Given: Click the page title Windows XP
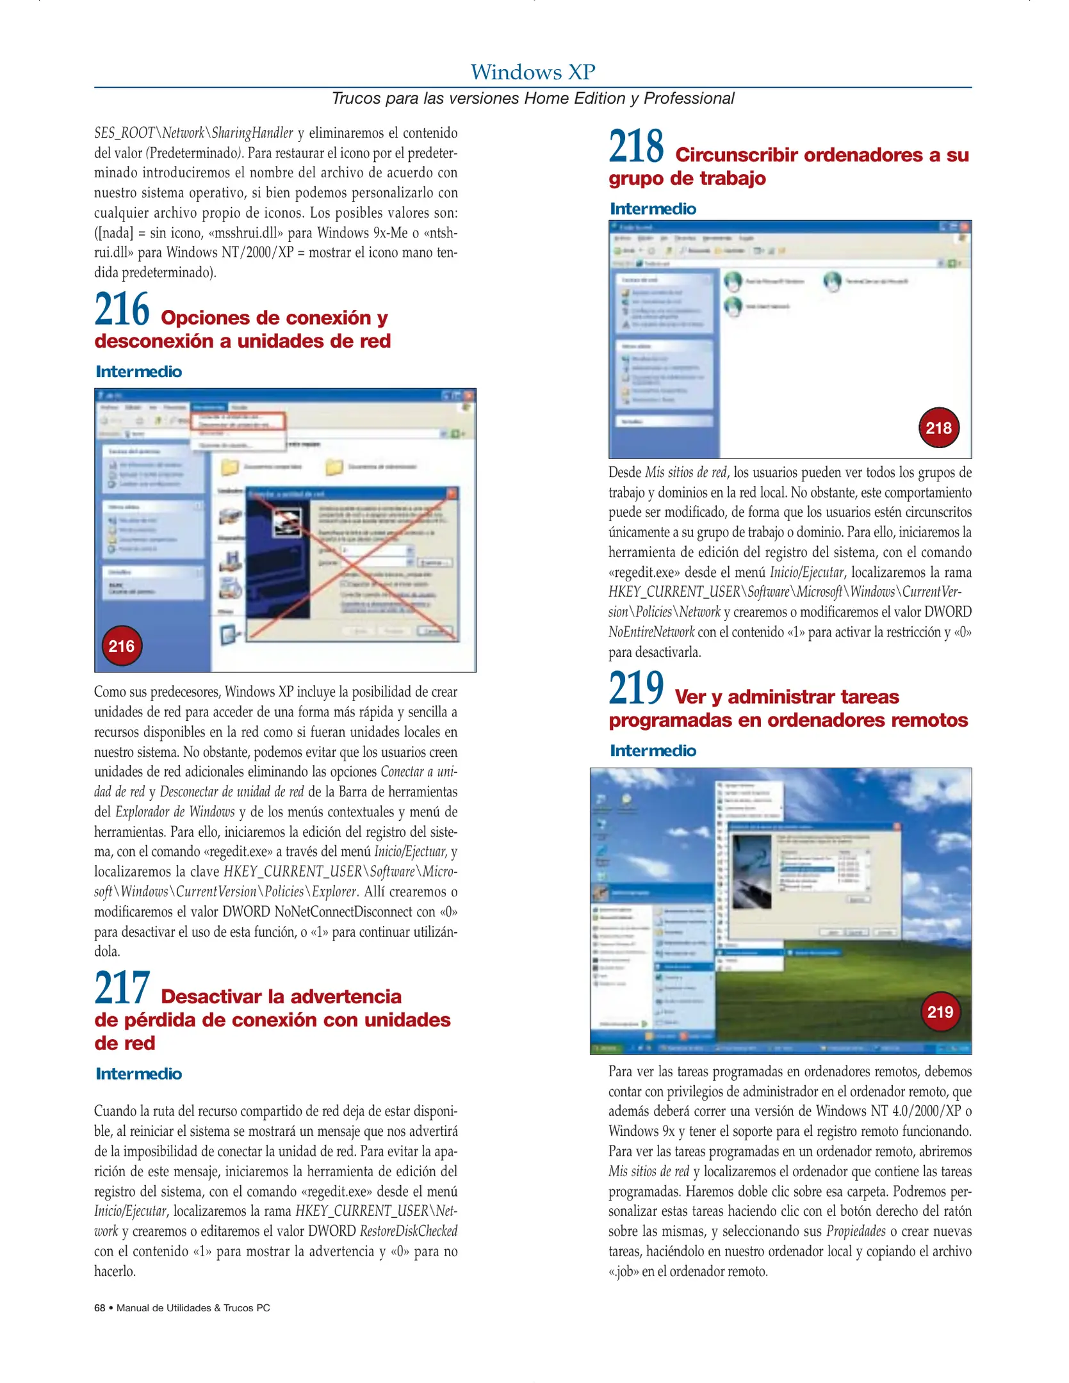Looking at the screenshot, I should click(533, 72).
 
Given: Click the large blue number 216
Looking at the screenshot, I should click(122, 310).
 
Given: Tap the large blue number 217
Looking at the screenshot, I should click(122, 989).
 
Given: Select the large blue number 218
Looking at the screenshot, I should click(636, 147).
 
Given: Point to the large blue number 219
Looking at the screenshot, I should click(636, 689).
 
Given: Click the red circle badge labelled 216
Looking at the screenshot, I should click(122, 646).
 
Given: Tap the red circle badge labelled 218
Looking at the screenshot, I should click(938, 428).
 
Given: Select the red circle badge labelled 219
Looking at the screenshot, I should click(940, 1012).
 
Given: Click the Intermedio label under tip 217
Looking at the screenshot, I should click(139, 1074).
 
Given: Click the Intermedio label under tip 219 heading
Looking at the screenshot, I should click(653, 750).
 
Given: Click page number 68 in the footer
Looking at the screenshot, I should click(100, 1308).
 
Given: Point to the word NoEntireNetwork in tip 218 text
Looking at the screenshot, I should click(651, 633).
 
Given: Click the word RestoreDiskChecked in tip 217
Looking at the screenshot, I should click(409, 1231).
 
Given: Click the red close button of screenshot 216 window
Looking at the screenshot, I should click(469, 396).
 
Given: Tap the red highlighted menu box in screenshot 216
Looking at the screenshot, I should click(238, 421).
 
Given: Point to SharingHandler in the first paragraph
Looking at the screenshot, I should click(252, 133).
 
